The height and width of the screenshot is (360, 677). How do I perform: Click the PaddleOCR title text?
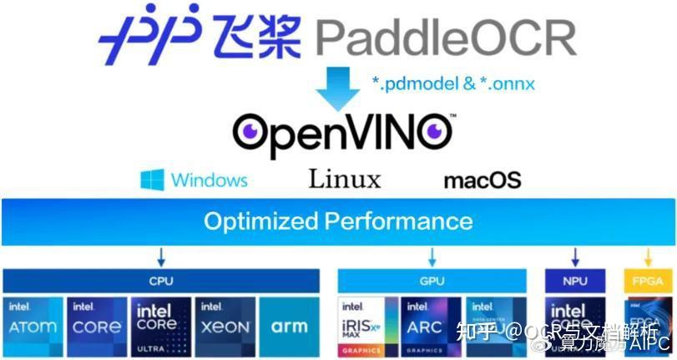coord(446,38)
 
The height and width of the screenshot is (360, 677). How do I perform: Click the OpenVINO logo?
coord(343,131)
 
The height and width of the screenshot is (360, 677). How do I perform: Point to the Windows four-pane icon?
coord(153,180)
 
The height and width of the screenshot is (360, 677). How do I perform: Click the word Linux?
coord(344,179)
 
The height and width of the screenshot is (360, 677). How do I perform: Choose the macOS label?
coord(482,180)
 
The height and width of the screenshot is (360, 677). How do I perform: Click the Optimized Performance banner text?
coord(338,221)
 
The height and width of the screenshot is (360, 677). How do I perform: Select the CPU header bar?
coord(160,281)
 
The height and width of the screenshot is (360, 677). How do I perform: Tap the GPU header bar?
coord(432,281)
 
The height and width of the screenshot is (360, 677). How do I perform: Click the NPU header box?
coord(574,281)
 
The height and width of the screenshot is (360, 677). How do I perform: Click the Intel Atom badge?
coord(33,322)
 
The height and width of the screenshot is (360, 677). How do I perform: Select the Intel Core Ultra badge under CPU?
coord(159,322)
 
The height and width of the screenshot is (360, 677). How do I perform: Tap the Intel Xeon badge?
coord(224,322)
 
